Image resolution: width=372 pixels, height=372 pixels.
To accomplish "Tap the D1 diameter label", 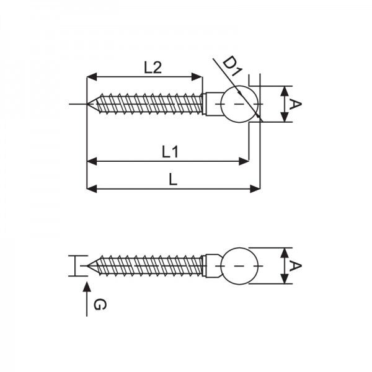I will tap(231, 64).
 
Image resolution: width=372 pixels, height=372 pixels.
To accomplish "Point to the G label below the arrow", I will tap(99, 304).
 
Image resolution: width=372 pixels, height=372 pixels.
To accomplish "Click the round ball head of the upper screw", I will tap(239, 104).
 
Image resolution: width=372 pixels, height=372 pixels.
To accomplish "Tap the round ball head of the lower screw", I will tap(239, 265).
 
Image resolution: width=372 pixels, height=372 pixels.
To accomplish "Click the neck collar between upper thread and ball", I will tap(211, 104).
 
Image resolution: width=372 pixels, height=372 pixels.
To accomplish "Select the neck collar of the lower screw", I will tap(212, 265).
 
